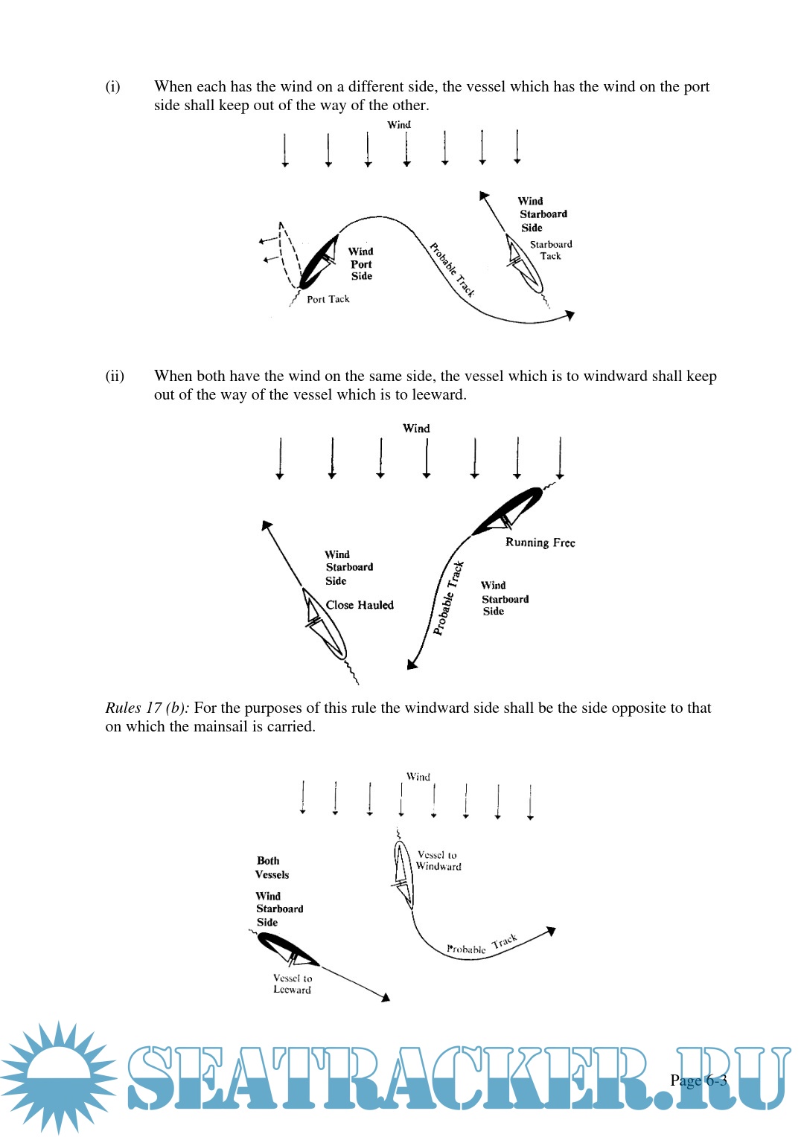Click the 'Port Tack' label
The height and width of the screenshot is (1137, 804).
coord(328,299)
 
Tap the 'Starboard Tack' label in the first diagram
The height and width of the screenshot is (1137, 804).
coord(551,250)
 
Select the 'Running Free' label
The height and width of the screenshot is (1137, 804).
coord(540,542)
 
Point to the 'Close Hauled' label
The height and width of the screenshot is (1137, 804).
coord(360,605)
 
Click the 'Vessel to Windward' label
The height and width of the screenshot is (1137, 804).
coord(438,861)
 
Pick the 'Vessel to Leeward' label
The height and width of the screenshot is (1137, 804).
coord(293,984)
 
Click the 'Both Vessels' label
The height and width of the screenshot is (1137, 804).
coord(272,868)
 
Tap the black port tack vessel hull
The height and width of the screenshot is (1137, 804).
coord(319,262)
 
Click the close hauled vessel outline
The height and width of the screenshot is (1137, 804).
coord(325,626)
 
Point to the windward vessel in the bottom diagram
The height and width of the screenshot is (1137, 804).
coord(403,874)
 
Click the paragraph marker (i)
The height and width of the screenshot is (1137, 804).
coord(112,86)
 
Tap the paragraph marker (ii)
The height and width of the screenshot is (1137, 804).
coord(115,376)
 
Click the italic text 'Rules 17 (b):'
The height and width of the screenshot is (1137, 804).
coord(147,708)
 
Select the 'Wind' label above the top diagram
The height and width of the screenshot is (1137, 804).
coord(399,125)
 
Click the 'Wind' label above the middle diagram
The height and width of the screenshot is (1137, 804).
coord(416,429)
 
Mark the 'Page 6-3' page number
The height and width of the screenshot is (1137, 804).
coord(698,1080)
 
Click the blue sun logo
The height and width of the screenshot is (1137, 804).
coord(58,1077)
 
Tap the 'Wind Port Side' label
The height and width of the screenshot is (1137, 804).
coord(361,263)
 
